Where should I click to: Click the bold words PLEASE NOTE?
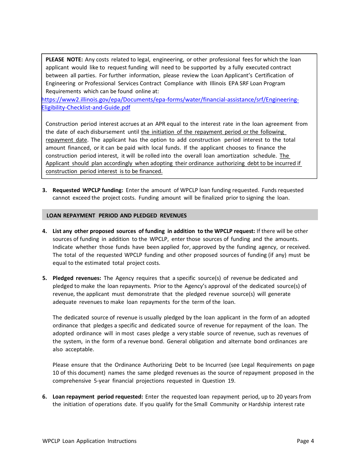tap(64, 59)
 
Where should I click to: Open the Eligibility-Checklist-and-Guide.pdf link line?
tap(86, 108)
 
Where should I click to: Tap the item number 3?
tap(44, 190)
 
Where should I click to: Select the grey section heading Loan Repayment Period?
tap(116, 216)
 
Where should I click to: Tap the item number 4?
tap(44, 231)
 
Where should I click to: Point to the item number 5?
tap(44, 278)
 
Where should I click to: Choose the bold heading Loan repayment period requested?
tap(97, 397)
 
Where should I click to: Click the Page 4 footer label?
tap(305, 441)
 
